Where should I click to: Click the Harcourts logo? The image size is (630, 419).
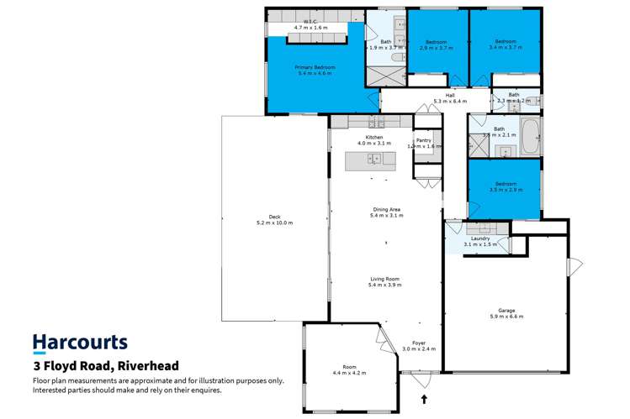(80, 343)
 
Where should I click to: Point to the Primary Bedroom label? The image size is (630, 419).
(315, 66)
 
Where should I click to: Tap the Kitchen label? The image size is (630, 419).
(374, 138)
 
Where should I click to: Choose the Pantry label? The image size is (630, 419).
(423, 140)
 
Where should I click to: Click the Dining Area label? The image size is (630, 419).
(386, 209)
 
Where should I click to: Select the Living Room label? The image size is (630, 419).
(386, 279)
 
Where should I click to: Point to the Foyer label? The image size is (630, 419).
(418, 343)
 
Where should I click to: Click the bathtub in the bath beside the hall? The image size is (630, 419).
(532, 138)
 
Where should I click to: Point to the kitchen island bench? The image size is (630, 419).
(369, 161)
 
